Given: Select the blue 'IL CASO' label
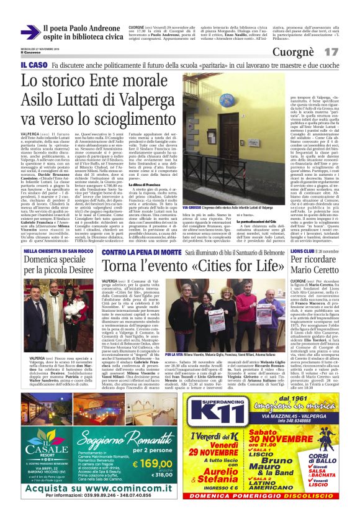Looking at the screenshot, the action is point(33,65).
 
